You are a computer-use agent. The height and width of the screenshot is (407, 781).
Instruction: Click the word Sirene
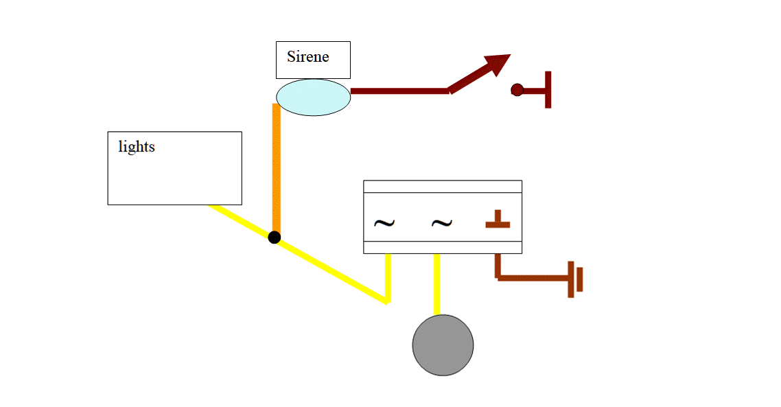click(307, 56)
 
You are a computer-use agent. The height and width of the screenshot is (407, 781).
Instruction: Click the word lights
click(137, 146)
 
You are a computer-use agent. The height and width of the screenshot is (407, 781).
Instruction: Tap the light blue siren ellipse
click(313, 97)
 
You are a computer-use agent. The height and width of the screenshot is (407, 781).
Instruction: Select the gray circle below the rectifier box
click(443, 345)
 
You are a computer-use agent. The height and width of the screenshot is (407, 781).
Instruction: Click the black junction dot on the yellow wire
click(275, 237)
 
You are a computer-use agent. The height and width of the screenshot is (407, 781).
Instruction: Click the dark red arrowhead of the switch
click(498, 64)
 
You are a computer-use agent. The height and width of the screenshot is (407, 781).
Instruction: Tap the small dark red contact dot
click(517, 90)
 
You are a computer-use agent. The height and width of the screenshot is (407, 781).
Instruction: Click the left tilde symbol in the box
click(384, 223)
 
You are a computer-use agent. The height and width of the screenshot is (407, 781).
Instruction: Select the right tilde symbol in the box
click(441, 223)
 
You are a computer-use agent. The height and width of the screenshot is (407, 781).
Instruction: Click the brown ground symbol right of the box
click(575, 279)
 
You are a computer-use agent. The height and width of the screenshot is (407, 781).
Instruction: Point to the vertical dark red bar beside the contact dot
click(548, 89)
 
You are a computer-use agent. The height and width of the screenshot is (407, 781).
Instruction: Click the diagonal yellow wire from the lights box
click(329, 269)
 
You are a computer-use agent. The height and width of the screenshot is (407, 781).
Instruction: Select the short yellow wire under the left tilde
click(388, 277)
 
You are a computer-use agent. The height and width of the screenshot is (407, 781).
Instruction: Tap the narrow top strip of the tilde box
click(442, 187)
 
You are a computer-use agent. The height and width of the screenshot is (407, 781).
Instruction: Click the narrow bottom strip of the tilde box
click(442, 247)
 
